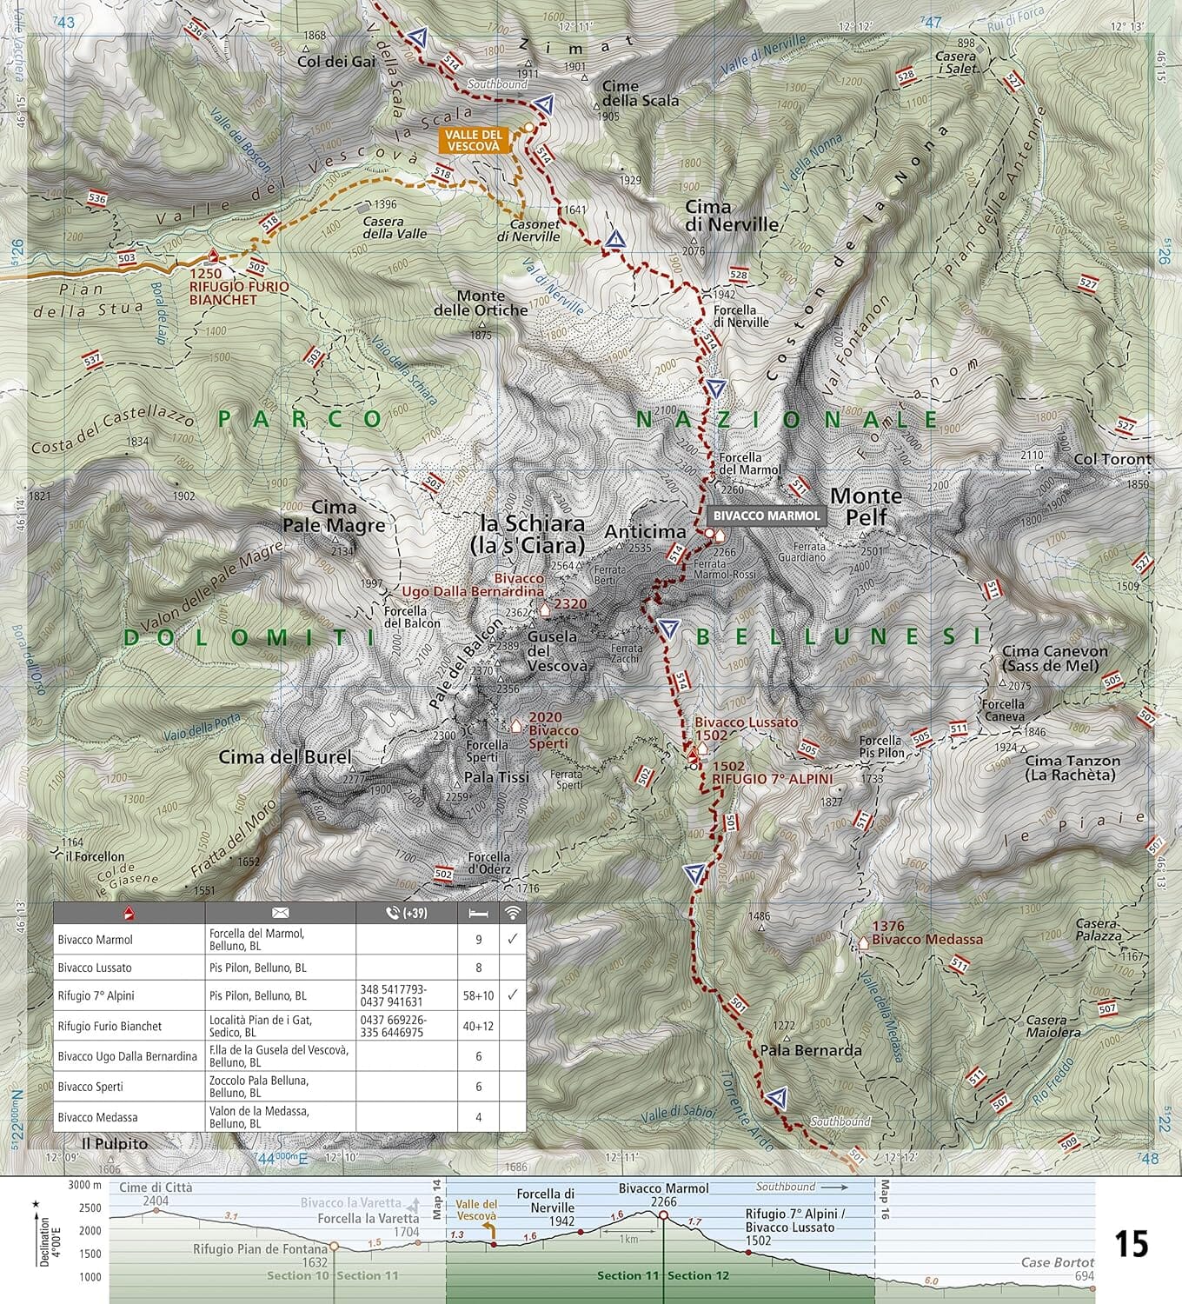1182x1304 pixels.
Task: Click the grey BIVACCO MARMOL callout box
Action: (766, 516)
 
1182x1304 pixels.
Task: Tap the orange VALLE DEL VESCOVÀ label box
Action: (474, 141)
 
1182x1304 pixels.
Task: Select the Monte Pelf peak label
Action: (866, 506)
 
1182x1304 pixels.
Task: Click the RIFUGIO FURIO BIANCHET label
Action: (239, 292)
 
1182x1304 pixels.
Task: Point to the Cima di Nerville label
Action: (732, 215)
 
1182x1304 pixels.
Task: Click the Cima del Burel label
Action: (284, 756)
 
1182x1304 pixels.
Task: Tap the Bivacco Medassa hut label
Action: (926, 939)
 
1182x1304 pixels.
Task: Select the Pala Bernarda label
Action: (810, 1050)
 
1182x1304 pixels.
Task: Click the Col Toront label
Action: (1112, 459)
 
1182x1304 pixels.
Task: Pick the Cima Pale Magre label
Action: (334, 516)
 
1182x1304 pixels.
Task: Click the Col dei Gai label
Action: (336, 62)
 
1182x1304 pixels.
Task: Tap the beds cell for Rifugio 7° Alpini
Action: (478, 995)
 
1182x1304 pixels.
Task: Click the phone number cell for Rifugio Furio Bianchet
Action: (405, 1026)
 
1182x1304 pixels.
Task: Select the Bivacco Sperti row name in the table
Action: (91, 1087)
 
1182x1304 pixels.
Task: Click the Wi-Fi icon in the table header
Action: (513, 912)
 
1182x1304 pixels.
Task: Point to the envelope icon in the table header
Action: (280, 913)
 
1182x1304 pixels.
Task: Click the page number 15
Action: (1131, 1244)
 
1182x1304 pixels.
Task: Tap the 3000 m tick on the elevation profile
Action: (84, 1185)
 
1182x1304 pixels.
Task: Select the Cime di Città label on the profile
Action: (156, 1188)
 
